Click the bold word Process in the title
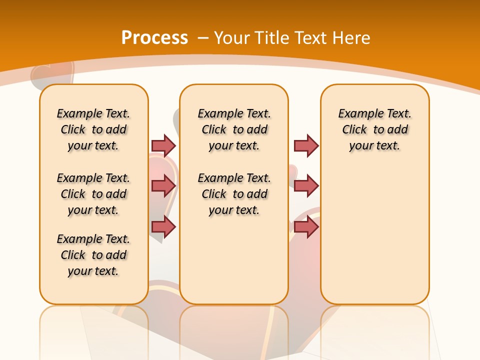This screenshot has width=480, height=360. click(154, 37)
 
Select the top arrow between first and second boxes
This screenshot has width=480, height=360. click(163, 145)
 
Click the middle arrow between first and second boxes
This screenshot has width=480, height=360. click(163, 186)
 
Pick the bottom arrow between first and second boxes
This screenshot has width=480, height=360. click(163, 227)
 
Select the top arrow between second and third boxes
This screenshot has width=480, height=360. click(306, 145)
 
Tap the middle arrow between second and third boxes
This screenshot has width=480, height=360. click(306, 186)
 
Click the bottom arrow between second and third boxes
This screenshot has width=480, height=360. click(306, 227)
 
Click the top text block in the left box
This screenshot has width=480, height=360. click(93, 129)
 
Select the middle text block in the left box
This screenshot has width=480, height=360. click(93, 194)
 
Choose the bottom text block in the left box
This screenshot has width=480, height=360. click(93, 255)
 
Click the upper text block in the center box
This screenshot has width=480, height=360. click(234, 129)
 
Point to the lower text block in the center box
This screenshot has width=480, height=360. click(234, 194)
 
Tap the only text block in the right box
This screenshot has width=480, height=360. click(374, 129)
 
